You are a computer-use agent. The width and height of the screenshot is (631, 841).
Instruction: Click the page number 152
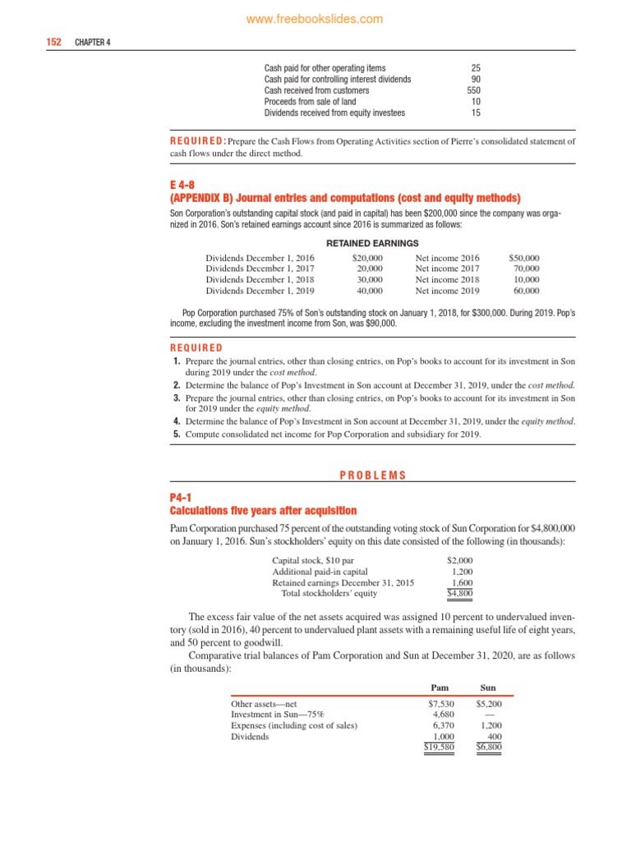coord(54,42)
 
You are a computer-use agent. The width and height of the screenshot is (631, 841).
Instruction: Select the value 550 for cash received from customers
coord(473,90)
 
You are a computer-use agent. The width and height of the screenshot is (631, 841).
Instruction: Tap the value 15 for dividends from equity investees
coord(476,113)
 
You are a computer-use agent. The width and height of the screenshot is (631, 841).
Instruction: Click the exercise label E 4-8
coord(183,186)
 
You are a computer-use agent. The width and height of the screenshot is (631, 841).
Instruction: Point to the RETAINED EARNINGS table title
coord(372,243)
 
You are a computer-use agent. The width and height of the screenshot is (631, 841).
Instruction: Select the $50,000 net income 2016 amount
coord(524,258)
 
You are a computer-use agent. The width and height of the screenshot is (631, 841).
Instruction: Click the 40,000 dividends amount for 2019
coord(369,290)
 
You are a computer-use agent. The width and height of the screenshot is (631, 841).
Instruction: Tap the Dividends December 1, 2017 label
coord(259,269)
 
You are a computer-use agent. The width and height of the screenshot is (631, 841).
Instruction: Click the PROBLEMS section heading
coord(372,476)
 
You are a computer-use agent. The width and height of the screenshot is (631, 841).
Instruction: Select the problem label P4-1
coord(181,498)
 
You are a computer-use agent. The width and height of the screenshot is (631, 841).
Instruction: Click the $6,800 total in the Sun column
coord(489,747)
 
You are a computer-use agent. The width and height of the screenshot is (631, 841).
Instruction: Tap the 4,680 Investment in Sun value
coord(443,715)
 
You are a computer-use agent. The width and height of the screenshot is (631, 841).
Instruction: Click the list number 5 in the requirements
coord(177,434)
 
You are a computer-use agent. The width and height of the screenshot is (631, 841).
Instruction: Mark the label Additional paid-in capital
coord(320,571)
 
